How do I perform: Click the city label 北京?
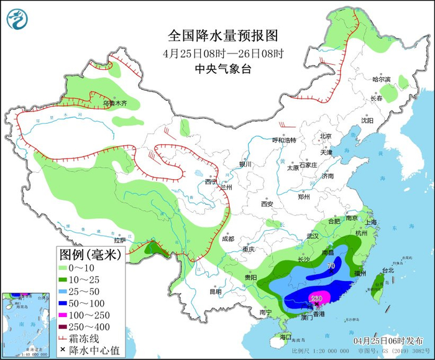point(326,136)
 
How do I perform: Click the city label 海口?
point(285,336)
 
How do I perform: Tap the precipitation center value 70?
point(331,266)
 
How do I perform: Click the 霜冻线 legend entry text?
point(93,338)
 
